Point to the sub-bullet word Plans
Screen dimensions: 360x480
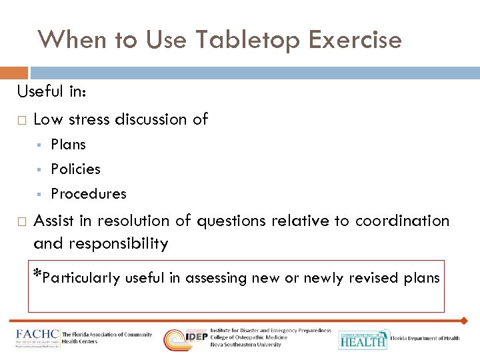(x=68, y=145)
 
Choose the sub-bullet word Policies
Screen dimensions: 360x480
(x=75, y=169)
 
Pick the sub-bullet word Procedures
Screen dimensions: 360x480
(x=88, y=194)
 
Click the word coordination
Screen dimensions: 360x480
(x=402, y=221)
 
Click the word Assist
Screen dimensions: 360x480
(x=54, y=221)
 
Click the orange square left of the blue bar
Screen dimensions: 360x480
(x=14, y=73)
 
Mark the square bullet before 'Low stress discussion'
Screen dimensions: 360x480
(x=21, y=121)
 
